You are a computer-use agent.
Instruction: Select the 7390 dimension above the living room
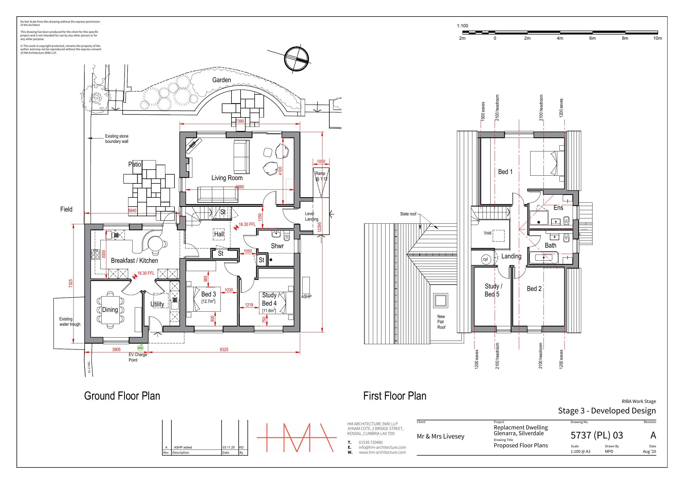[240, 121]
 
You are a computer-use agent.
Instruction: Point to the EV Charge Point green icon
[140, 347]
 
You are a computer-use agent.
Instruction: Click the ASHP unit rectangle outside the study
[306, 285]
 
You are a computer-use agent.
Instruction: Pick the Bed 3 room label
[209, 294]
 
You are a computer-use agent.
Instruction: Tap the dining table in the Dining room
[110, 310]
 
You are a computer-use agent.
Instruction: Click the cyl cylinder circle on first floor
[486, 259]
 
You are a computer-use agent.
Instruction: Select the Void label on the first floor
[488, 233]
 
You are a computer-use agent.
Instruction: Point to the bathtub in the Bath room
[544, 257]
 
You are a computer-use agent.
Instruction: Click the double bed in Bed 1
[547, 163]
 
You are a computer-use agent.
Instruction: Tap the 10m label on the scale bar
[658, 38]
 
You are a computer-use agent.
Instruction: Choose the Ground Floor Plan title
[122, 396]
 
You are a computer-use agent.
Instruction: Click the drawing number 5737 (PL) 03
[597, 435]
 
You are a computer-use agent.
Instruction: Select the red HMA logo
[297, 437]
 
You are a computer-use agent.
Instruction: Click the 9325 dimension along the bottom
[224, 349]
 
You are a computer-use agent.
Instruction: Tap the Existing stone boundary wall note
[117, 139]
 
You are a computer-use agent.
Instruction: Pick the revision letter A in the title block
[653, 435]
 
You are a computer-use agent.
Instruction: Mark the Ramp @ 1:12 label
[321, 176]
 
